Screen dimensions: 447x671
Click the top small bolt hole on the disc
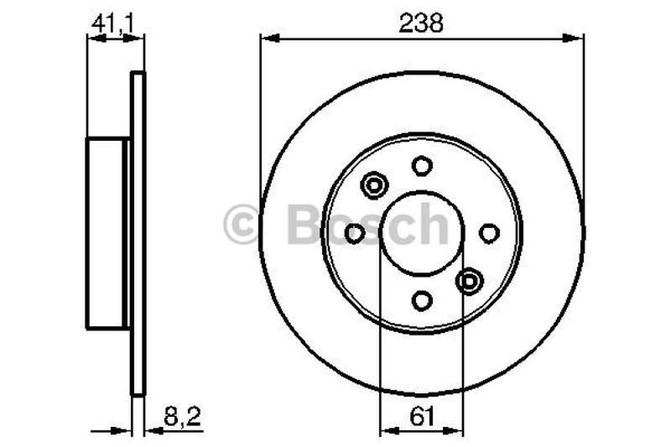click(x=422, y=165)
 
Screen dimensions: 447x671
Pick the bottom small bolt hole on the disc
click(x=422, y=300)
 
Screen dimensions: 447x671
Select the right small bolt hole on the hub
click(x=490, y=233)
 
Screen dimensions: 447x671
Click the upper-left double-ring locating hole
click(x=373, y=185)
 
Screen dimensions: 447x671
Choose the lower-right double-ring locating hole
click(x=471, y=281)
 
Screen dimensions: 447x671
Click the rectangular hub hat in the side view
click(x=107, y=233)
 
